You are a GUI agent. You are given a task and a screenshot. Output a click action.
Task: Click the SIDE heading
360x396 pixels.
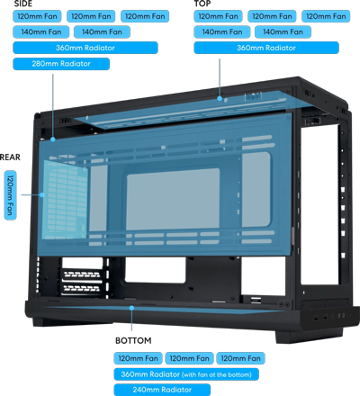click(x=22, y=4)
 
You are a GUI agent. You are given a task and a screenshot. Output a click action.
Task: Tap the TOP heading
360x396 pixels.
click(x=202, y=4)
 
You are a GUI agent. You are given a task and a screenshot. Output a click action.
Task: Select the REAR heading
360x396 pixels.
click(x=10, y=157)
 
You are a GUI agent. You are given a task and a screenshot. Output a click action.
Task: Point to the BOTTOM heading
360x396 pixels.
click(x=133, y=340)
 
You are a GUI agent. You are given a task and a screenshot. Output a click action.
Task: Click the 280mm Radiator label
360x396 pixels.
click(x=61, y=64)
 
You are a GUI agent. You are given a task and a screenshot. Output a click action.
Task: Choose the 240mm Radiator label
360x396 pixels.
click(x=162, y=390)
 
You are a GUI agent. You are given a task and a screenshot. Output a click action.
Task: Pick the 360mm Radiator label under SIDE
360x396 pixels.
click(x=85, y=48)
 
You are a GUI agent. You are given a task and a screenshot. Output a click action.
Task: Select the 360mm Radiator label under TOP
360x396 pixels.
click(x=266, y=48)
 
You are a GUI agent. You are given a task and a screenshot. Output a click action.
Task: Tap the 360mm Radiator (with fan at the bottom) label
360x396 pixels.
click(x=186, y=374)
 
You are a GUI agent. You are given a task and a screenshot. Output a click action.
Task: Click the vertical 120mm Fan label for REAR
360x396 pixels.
click(x=10, y=195)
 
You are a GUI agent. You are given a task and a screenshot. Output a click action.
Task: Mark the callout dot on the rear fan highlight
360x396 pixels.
click(x=42, y=195)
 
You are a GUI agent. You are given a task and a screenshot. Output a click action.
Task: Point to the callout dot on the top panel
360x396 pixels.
click(x=220, y=98)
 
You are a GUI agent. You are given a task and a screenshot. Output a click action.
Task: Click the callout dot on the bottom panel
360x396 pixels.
click(x=131, y=308)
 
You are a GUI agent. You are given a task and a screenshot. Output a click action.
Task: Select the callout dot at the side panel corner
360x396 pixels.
click(x=53, y=139)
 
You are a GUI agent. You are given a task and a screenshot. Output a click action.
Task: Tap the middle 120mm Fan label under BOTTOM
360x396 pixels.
click(x=189, y=358)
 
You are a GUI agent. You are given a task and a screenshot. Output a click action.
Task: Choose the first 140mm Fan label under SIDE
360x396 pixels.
click(x=41, y=31)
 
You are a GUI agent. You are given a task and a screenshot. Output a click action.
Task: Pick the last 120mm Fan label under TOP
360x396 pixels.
click(x=326, y=16)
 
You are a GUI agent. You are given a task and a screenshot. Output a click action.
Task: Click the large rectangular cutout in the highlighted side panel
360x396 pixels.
click(x=173, y=199)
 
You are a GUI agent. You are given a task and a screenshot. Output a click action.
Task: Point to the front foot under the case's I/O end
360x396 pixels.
click(x=309, y=336)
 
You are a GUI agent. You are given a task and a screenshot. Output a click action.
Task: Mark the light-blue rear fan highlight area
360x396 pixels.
click(x=65, y=200)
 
